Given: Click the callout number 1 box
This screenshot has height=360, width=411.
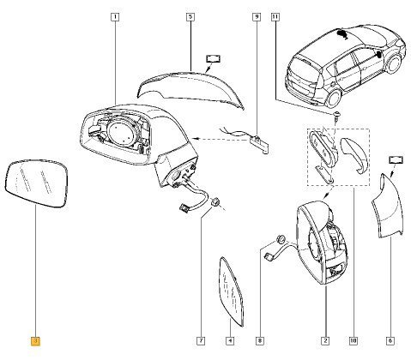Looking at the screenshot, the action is click(x=115, y=17).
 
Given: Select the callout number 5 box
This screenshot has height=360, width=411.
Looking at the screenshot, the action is click(x=190, y=17).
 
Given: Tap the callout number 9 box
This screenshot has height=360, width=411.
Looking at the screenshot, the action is click(x=257, y=17).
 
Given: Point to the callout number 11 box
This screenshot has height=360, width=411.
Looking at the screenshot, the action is click(x=275, y=17).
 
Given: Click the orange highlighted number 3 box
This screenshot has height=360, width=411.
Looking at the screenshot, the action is click(x=35, y=341).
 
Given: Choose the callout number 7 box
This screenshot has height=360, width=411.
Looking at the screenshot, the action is click(x=201, y=340).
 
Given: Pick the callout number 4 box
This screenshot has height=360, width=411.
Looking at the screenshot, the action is click(x=230, y=340).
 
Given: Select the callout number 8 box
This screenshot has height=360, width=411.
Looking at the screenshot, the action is click(x=260, y=340).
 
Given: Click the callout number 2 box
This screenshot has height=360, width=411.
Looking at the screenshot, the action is click(x=325, y=340).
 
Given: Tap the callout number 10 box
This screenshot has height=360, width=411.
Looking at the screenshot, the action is click(x=354, y=340).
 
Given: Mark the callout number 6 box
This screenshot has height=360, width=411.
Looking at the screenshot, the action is click(x=390, y=340).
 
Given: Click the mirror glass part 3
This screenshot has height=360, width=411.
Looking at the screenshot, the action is click(x=37, y=183).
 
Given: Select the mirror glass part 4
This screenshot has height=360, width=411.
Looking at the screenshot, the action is click(x=231, y=291).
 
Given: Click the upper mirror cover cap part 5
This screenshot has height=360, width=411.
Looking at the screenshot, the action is click(x=190, y=88).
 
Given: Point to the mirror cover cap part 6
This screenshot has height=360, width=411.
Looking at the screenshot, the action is click(x=388, y=207).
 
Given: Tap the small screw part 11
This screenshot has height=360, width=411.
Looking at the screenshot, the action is click(x=335, y=117).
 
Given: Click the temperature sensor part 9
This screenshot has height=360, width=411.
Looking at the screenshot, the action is click(x=260, y=143).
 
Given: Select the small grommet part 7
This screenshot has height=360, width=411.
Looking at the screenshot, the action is click(x=215, y=202).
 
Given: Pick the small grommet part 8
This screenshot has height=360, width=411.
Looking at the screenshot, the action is click(x=280, y=238).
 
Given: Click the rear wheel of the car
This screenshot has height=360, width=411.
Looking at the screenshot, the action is click(x=334, y=99).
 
